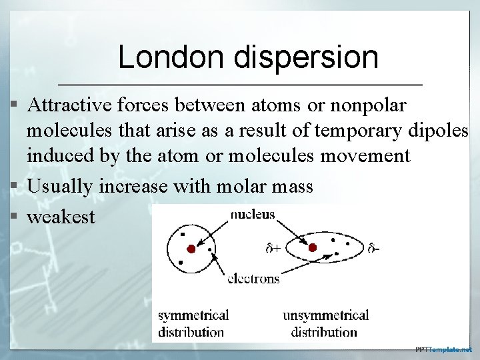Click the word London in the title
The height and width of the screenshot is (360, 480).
pos(171,57)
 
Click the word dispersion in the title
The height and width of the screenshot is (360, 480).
pos(307,59)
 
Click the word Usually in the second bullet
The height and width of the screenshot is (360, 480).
pos(61,186)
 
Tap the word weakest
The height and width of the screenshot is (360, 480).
pos(61,217)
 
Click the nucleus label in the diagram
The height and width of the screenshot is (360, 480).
pos(252,215)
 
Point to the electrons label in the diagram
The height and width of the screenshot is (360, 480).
pos(253,279)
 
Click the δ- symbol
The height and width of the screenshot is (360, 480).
pos(374,249)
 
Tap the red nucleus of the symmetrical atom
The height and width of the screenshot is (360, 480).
pos(191,249)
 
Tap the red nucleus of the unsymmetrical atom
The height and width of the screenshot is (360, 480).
pos(312,248)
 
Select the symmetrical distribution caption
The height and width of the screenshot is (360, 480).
pos(193,323)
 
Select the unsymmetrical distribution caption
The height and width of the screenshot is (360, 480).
pos(325,323)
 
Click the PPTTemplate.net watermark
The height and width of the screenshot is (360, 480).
pos(443,349)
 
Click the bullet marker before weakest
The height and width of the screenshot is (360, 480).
pos(13,217)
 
